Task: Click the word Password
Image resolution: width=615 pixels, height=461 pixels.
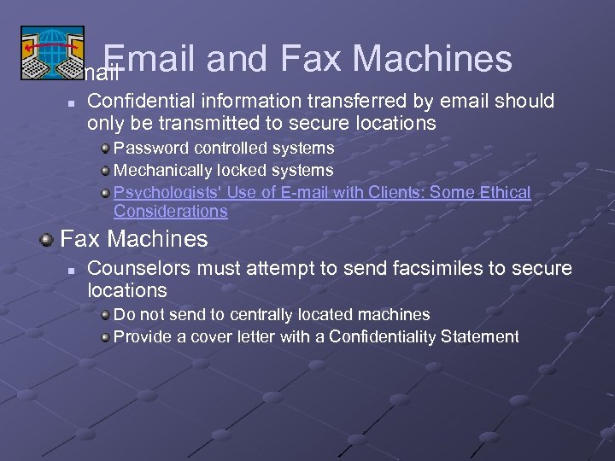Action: tap(149, 148)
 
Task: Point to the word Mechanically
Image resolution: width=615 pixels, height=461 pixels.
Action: tap(165, 171)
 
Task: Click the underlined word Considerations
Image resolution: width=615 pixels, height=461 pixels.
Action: tap(171, 211)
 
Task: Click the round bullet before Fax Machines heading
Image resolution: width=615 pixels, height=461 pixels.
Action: tap(49, 238)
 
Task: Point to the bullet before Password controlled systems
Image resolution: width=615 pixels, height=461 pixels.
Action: tap(105, 149)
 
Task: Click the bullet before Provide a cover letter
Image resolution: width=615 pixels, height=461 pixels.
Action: tap(105, 337)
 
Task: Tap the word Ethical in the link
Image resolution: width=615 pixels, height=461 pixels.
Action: tap(505, 193)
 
